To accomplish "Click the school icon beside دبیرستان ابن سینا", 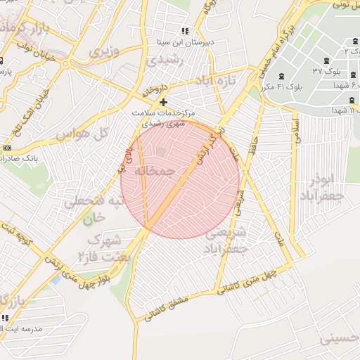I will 186,31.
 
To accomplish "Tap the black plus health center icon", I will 164,103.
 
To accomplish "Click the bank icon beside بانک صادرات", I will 8,148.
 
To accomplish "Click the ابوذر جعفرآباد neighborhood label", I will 326,186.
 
